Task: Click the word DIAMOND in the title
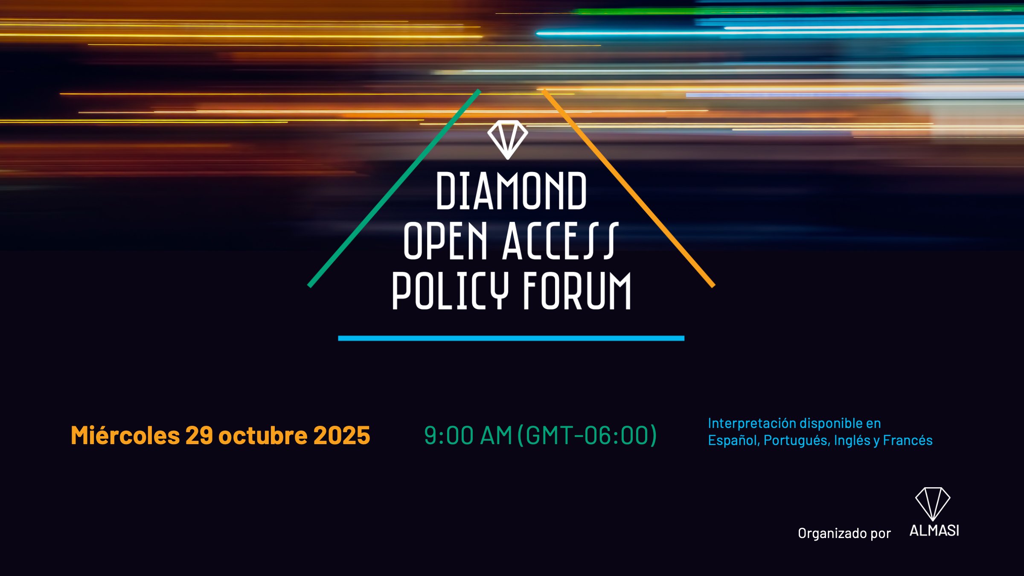tap(511, 191)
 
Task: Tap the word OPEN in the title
tap(445, 241)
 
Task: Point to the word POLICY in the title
tap(450, 291)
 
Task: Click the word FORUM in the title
tap(577, 291)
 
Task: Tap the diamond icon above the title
tap(508, 140)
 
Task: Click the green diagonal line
tap(394, 189)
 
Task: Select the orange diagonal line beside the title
tap(628, 188)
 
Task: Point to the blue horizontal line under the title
tap(511, 338)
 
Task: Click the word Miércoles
tap(125, 436)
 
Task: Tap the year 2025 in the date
tap(342, 436)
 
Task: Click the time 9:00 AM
tap(468, 436)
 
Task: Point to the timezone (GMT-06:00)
tap(587, 436)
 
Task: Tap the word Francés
tap(908, 440)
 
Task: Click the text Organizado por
tap(844, 533)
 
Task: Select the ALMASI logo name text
tap(934, 531)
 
